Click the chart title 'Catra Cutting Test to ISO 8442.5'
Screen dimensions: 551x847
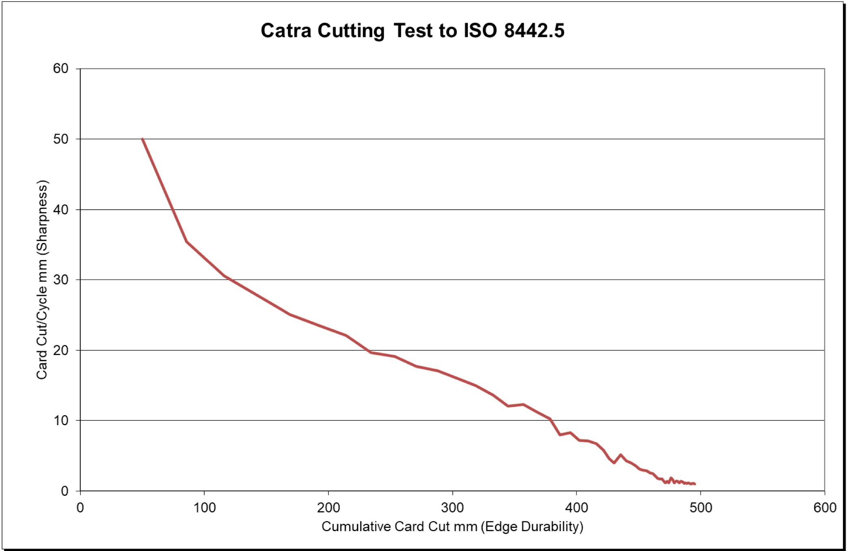[412, 30]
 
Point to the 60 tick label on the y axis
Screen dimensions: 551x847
[61, 69]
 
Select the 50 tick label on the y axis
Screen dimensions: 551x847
[61, 139]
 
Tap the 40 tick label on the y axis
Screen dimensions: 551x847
[61, 210]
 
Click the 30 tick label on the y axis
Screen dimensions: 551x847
[61, 280]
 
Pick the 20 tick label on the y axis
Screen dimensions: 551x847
[61, 351]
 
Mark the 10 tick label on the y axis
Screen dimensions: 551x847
[61, 421]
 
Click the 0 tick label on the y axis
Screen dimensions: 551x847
[65, 491]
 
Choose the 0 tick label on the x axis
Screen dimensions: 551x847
[80, 508]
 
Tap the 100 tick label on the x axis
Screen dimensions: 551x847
[204, 508]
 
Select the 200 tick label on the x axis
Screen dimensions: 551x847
[328, 508]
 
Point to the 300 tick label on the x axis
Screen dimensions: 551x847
[452, 508]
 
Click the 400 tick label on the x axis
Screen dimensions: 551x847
[577, 508]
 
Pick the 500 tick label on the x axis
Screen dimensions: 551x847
[701, 508]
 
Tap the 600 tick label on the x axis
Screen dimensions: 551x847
[825, 508]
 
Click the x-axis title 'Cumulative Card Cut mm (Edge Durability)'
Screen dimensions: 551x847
[452, 527]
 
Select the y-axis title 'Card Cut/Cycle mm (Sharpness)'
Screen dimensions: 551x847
[42, 280]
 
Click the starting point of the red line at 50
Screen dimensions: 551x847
[143, 139]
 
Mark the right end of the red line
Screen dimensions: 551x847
[695, 484]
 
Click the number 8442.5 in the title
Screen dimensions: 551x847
[534, 30]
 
